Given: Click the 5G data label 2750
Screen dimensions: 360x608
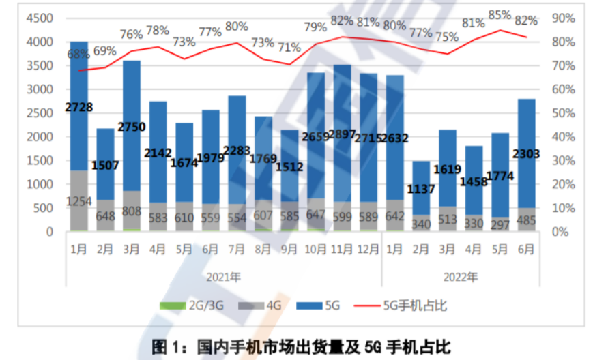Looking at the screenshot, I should point(132,127).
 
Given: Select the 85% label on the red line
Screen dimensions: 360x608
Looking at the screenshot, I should point(500,14).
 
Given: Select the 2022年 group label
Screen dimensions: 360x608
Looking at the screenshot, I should point(461,277).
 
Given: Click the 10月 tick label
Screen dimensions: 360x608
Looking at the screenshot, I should point(315,250).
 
